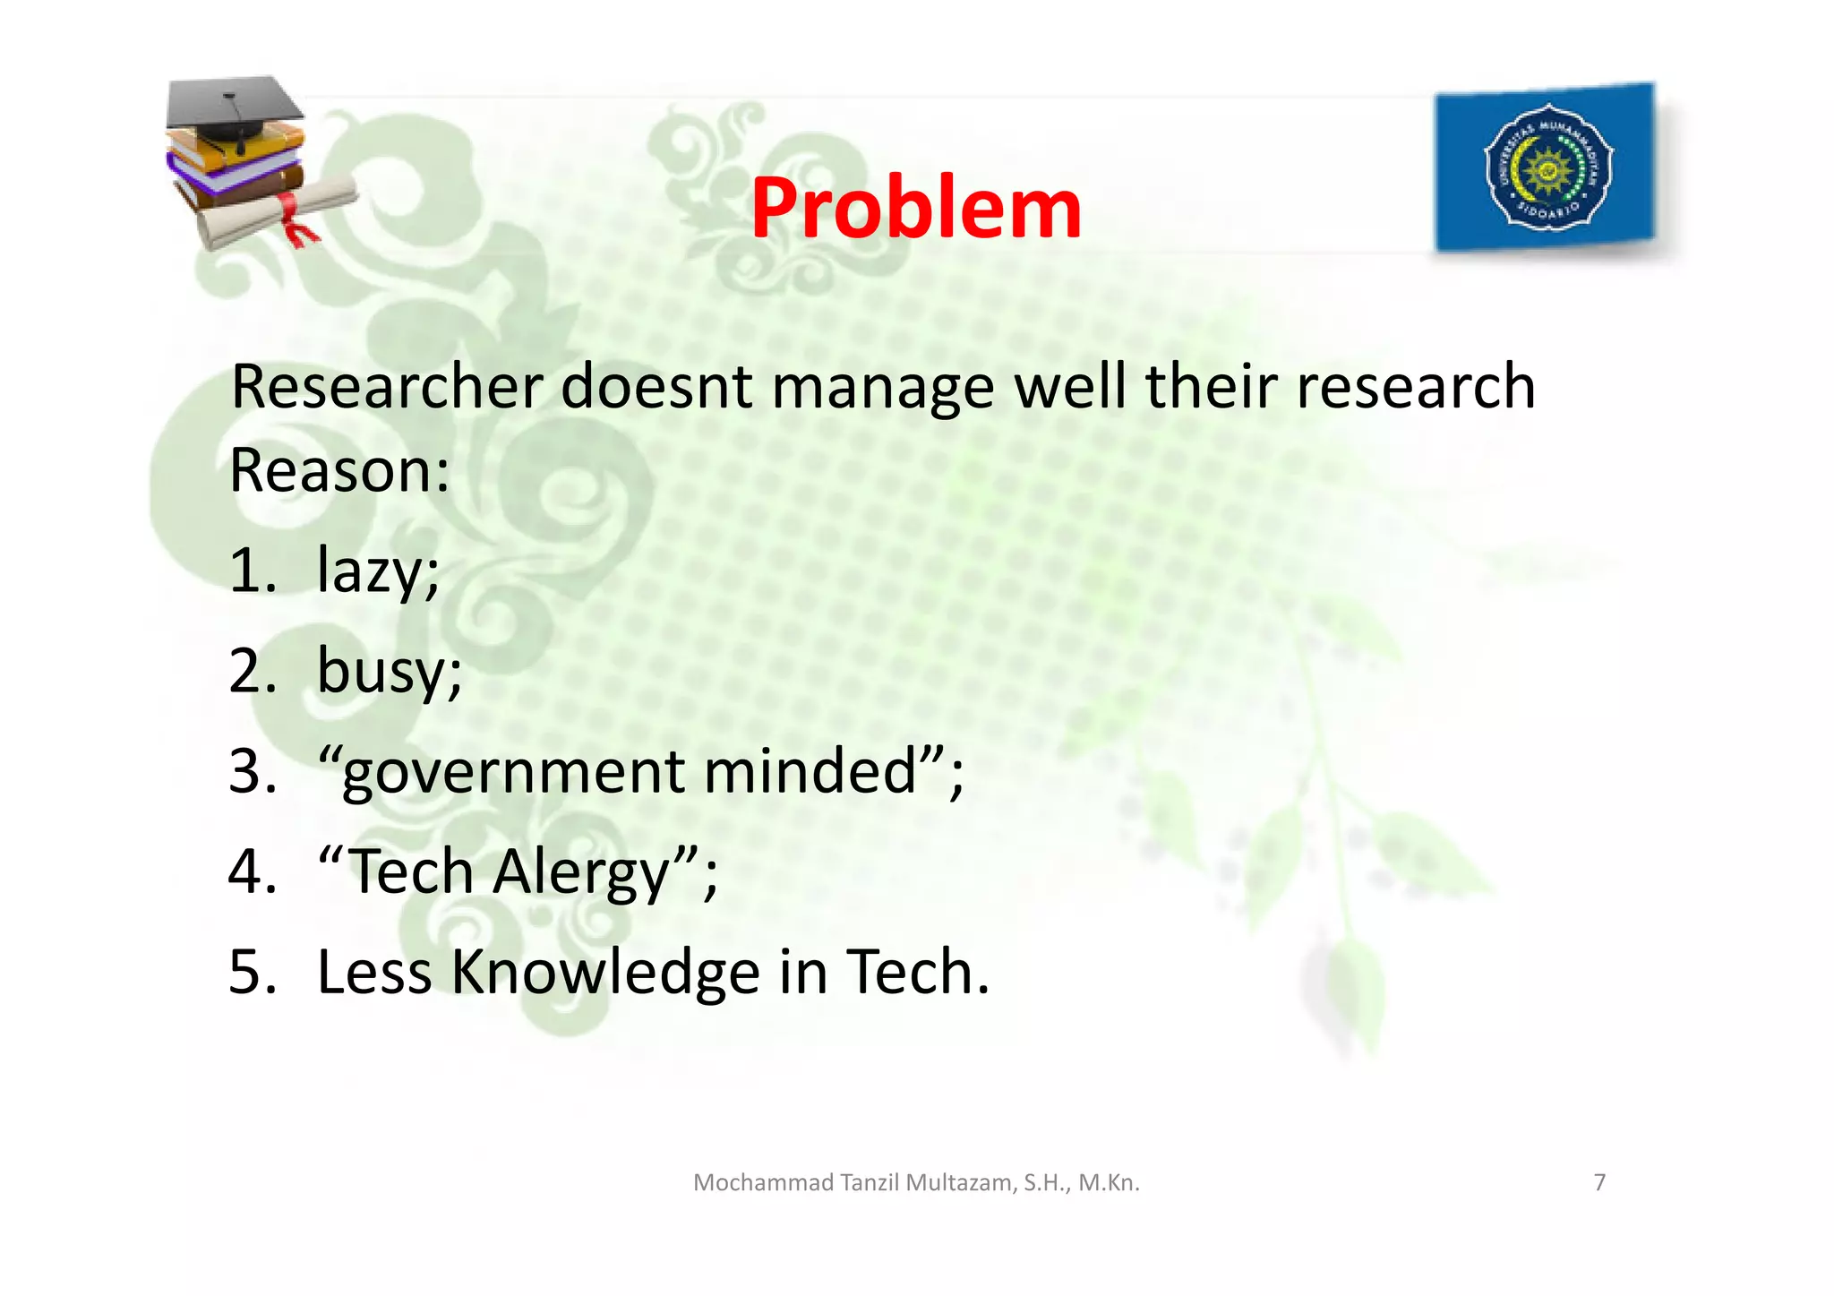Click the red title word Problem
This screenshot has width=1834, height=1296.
click(915, 209)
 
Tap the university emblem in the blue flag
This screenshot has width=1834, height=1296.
click(1548, 167)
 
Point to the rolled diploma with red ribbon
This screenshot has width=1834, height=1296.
click(278, 212)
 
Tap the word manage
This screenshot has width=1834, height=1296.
click(883, 387)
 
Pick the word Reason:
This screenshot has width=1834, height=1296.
click(339, 470)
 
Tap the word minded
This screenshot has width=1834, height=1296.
click(811, 771)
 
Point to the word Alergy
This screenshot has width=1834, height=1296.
click(583, 871)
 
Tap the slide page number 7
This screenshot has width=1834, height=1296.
click(1599, 1182)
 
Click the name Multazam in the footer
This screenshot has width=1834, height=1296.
click(960, 1182)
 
